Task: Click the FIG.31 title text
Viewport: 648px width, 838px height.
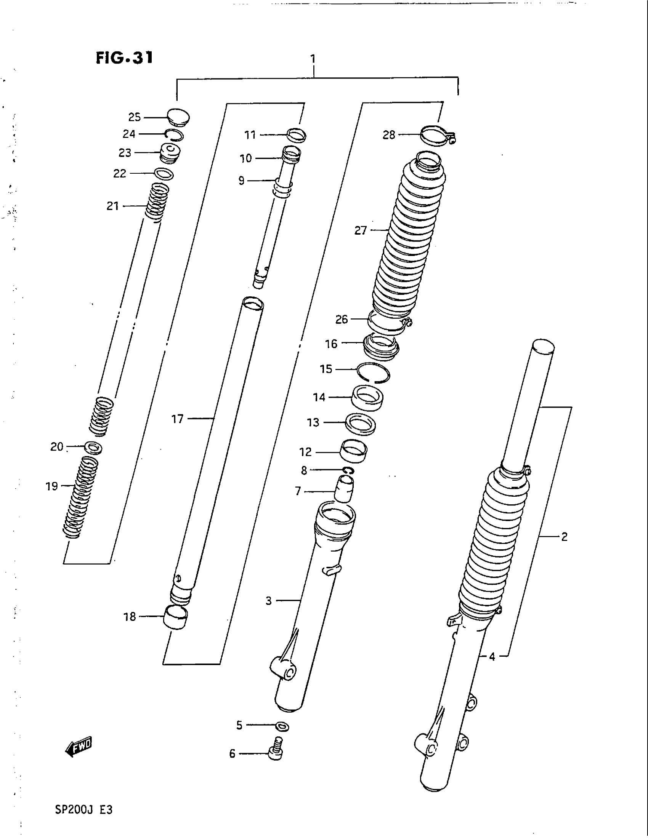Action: [124, 58]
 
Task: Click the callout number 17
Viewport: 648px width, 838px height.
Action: [177, 419]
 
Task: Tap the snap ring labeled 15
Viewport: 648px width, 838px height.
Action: [373, 373]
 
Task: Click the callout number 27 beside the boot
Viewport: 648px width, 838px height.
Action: [361, 230]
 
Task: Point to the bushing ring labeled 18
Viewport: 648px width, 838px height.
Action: [176, 617]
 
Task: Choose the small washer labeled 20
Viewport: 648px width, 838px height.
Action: [93, 447]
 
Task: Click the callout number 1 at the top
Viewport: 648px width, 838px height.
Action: [313, 59]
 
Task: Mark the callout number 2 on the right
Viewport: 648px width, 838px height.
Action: [564, 537]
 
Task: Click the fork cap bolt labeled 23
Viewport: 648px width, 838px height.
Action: [170, 152]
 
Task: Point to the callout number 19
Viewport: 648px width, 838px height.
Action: [52, 486]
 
